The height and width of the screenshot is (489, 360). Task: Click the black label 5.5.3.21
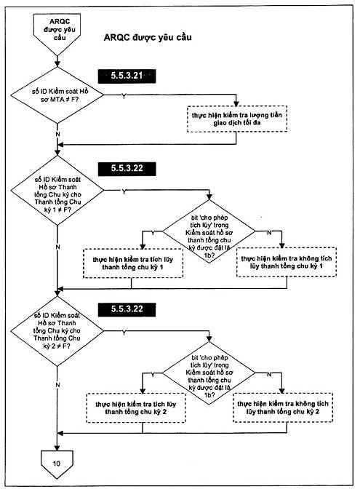pyautogui.click(x=127, y=76)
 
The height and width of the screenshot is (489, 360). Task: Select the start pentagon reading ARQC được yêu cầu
pyautogui.click(x=57, y=33)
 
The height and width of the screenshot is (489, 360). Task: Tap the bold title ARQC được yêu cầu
pyautogui.click(x=148, y=37)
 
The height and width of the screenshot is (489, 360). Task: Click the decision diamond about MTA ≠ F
pyautogui.click(x=57, y=95)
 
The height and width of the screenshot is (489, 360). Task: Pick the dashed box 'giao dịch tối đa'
pyautogui.click(x=237, y=119)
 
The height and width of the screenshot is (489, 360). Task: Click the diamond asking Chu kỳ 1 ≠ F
pyautogui.click(x=57, y=190)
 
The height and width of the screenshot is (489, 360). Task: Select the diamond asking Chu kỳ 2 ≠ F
pyautogui.click(x=57, y=331)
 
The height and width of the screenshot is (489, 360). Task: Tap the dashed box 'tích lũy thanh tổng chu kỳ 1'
pyautogui.click(x=133, y=263)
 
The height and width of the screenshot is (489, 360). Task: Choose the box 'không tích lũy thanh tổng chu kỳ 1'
pyautogui.click(x=287, y=262)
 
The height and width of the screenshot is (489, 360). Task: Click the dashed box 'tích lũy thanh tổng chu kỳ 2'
pyautogui.click(x=136, y=408)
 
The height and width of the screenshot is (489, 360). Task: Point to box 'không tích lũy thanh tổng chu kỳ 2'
pyautogui.click(x=283, y=407)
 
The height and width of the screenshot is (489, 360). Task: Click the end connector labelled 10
pyautogui.click(x=57, y=464)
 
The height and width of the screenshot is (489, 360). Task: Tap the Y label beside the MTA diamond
pyautogui.click(x=124, y=96)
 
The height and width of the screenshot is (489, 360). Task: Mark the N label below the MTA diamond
pyautogui.click(x=57, y=134)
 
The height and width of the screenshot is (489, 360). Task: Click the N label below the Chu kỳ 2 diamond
pyautogui.click(x=57, y=385)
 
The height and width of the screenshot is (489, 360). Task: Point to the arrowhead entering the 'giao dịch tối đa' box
pyautogui.click(x=236, y=103)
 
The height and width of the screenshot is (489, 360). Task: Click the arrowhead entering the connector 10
pyautogui.click(x=57, y=448)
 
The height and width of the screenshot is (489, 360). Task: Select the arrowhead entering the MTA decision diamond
pyautogui.click(x=57, y=64)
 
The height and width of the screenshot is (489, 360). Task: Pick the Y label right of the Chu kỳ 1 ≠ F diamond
pyautogui.click(x=124, y=191)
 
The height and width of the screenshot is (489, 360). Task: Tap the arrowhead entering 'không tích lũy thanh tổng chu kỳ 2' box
pyautogui.click(x=281, y=390)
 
